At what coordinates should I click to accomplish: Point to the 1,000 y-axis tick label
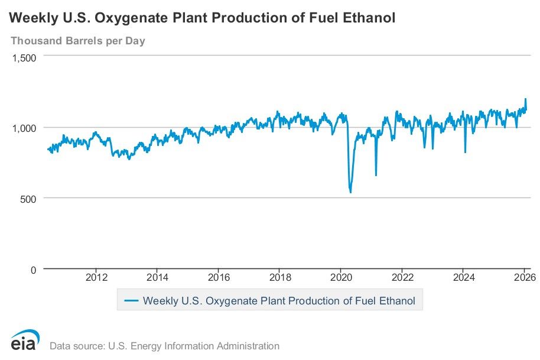tap(25, 128)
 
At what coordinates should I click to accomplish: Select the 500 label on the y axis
tap(29, 198)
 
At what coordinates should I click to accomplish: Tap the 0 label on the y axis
tap(33, 270)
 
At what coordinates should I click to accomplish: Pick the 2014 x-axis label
tap(157, 278)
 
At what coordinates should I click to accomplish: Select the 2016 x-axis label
tap(219, 278)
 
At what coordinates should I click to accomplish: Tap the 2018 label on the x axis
tap(280, 278)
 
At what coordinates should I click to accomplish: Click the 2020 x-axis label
tap(341, 278)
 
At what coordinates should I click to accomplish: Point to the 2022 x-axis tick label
tap(402, 278)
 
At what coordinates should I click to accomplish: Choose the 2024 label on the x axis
tap(464, 278)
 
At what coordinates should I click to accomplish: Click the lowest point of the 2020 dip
tap(350, 192)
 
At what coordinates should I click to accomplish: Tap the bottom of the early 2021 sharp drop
tap(376, 175)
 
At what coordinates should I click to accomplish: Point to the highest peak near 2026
tap(525, 99)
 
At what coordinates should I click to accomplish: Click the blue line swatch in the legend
tap(132, 301)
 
